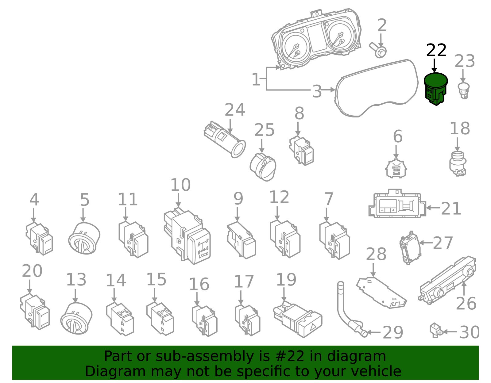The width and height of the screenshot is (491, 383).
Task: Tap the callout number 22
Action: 436,50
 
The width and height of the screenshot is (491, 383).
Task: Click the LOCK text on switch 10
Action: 203,254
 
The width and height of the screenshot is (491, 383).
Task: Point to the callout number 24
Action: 235,110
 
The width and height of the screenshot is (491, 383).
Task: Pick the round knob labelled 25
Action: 263,167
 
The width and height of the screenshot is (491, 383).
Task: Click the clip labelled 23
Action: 464,90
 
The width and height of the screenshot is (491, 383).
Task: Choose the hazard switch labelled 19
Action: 298,320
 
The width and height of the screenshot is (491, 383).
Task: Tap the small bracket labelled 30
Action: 436,330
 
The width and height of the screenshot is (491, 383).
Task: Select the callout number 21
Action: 451,209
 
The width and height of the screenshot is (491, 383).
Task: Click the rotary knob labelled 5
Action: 84,238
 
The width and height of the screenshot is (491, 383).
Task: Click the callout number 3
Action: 317,91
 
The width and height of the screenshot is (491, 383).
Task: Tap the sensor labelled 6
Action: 396,169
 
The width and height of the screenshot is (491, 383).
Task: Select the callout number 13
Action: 76,280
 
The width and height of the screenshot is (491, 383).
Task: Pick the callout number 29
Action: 393,333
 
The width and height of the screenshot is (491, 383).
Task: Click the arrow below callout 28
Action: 373,270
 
